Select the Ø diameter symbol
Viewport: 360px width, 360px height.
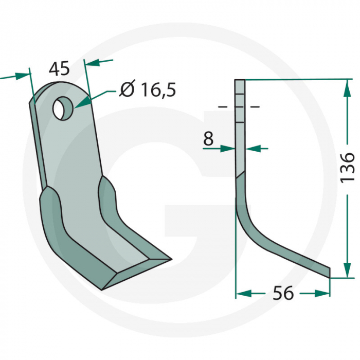[127, 90]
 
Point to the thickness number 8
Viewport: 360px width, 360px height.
[208, 138]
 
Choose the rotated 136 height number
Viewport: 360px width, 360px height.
[348, 166]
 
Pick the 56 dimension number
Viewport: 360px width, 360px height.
[283, 293]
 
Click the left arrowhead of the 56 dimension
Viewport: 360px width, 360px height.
[243, 293]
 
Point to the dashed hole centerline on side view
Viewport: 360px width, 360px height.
[239, 106]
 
